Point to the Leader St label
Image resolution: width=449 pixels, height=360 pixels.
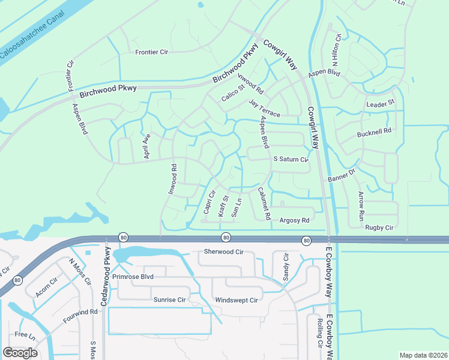coord(381,103)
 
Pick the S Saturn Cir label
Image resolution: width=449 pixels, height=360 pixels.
coord(291,160)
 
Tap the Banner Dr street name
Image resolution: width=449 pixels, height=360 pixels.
coord(342,175)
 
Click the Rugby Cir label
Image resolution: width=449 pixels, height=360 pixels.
coord(379,227)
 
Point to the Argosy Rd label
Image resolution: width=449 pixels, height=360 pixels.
coord(294,220)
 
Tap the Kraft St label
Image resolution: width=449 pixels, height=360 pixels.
coord(223,206)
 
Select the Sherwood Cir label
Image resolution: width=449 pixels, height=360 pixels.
coord(224,251)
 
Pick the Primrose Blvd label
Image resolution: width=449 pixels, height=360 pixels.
coord(133,277)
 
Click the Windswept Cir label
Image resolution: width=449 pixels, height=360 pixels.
coord(236,299)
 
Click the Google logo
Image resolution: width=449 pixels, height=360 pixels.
coord(20,353)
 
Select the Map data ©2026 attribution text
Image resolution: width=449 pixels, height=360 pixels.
coord(424,355)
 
